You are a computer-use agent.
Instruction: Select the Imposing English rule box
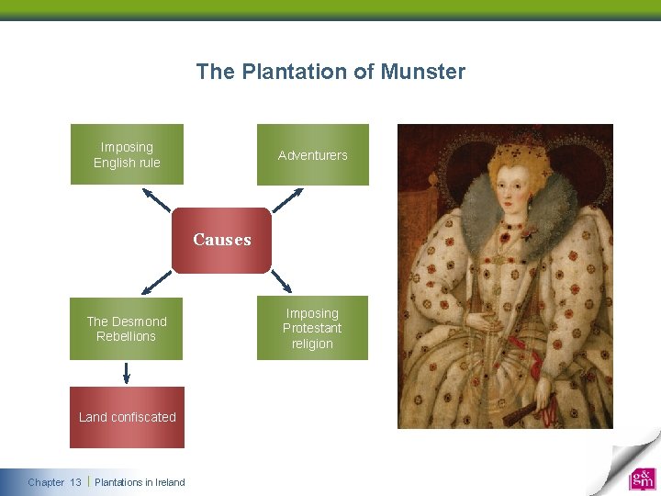[127, 154]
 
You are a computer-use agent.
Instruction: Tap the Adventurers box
[312, 154]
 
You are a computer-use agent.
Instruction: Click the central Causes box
[222, 240]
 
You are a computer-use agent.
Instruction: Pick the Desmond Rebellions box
[127, 328]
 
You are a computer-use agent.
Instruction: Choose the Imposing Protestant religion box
[312, 328]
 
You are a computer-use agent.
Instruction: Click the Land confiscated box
[127, 417]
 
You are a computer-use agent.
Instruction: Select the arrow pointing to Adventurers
[288, 199]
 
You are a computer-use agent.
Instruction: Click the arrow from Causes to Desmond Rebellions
[157, 280]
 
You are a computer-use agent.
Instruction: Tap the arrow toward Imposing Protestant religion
[281, 280]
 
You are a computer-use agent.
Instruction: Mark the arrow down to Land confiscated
[127, 372]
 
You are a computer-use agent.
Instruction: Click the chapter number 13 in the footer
[75, 482]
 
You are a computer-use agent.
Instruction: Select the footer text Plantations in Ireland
[140, 482]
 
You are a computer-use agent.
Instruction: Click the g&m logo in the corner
[642, 479]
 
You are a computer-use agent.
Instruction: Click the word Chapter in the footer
[46, 482]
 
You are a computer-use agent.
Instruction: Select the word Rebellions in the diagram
[127, 336]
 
